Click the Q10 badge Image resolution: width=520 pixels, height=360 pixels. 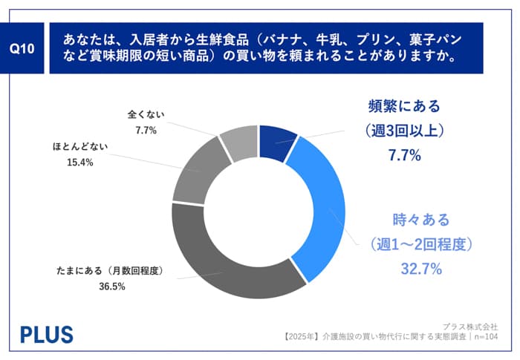point(25,48)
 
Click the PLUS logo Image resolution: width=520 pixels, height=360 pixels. point(46,333)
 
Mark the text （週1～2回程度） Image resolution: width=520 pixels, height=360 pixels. point(421,244)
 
